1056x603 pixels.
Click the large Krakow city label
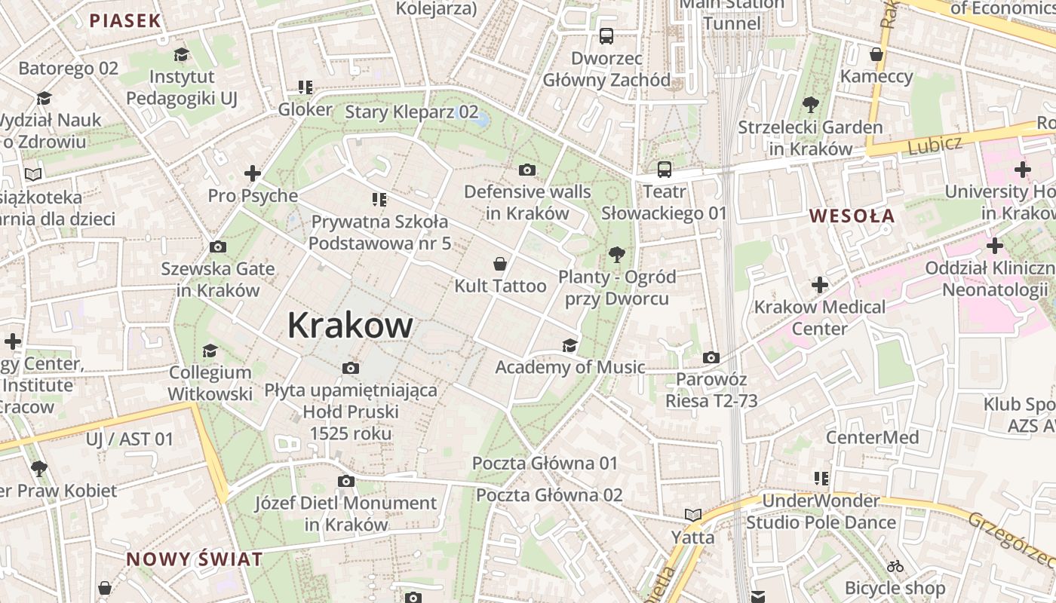[x=350, y=326]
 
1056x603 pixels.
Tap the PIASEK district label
[x=125, y=20]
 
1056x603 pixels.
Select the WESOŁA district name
[x=852, y=216]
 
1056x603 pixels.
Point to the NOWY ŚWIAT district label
[x=195, y=559]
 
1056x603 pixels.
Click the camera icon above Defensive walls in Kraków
[x=527, y=170]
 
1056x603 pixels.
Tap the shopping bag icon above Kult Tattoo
[x=499, y=264]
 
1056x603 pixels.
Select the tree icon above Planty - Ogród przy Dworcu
[x=617, y=255]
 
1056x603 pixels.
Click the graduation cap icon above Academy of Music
[x=569, y=345]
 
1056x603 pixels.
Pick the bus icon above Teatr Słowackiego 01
[x=664, y=170]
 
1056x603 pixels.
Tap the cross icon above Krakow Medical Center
[x=820, y=285]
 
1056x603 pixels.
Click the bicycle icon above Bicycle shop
[x=895, y=565]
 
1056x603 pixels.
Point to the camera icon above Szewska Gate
[x=217, y=246]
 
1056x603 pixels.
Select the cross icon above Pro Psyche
[x=253, y=174]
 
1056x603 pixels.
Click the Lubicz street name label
[x=935, y=144]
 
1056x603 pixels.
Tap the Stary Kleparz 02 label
[x=411, y=112]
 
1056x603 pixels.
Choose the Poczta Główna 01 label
[x=545, y=463]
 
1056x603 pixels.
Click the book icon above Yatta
[x=692, y=515]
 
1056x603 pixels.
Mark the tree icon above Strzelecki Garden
[x=811, y=105]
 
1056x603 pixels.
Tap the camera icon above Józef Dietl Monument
[x=345, y=481]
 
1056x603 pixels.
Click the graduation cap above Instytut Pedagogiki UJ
[x=181, y=54]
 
